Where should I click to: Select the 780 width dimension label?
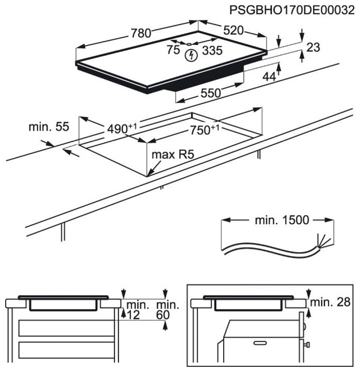coord(140,34)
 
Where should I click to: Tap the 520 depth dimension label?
coord(233,30)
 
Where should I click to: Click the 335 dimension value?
coord(212,50)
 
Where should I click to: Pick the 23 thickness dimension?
coord(313,48)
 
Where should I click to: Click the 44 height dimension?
coord(269,76)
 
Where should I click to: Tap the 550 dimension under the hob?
coord(210,93)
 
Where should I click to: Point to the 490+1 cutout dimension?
coord(122,129)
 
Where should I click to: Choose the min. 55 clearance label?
coord(49,127)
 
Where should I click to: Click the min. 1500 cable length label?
coord(281,220)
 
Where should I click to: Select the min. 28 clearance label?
coord(332,302)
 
